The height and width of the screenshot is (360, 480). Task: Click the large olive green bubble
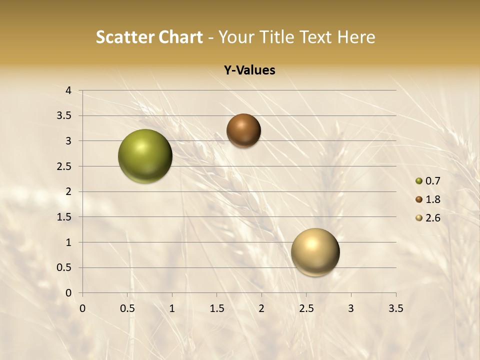click(145, 156)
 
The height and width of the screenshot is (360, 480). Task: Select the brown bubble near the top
click(243, 130)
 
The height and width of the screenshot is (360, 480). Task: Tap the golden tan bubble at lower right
click(315, 252)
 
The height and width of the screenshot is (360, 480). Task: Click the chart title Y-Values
click(249, 70)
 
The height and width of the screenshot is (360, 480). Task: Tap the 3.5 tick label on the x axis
click(395, 308)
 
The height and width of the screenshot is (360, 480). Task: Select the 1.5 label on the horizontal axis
click(217, 308)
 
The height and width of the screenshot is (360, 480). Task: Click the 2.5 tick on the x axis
click(306, 308)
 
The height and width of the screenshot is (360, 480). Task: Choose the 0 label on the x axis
click(83, 308)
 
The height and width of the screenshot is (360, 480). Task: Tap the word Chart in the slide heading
click(180, 37)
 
